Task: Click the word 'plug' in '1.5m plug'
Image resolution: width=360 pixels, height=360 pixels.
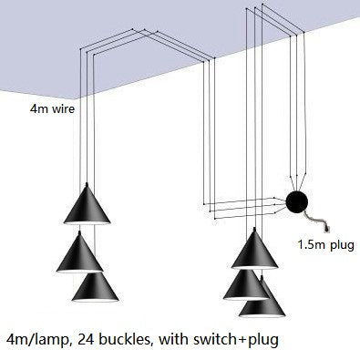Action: pos(343,245)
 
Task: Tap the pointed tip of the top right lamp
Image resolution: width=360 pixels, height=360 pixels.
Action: pos(258,232)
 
